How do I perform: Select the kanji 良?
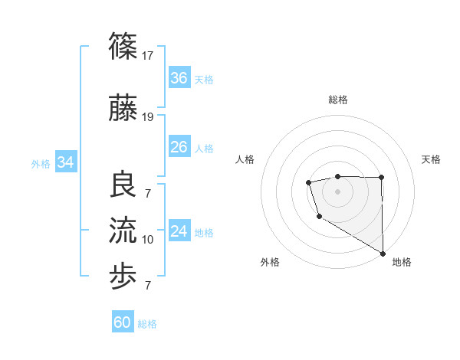[123, 184]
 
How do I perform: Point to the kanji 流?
[123, 230]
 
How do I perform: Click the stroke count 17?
[149, 55]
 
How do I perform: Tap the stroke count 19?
[149, 116]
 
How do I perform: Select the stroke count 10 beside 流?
[148, 240]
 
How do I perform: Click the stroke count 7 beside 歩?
[148, 286]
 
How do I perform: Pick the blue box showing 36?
[179, 78]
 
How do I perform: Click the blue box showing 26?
[179, 147]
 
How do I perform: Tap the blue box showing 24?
[179, 231]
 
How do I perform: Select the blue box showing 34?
[66, 162]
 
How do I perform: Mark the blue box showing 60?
[123, 322]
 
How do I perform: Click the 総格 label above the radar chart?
[338, 100]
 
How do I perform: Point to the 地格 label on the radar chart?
[402, 262]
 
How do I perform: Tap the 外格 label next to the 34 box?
[41, 163]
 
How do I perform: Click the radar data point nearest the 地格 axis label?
[383, 254]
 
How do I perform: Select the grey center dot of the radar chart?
[337, 190]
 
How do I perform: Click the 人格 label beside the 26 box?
[204, 148]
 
